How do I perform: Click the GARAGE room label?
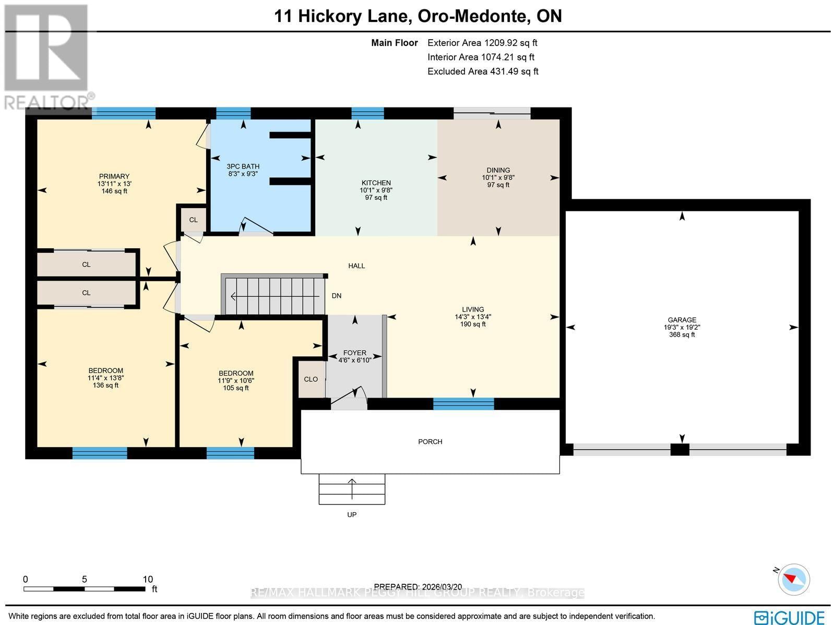(682, 320)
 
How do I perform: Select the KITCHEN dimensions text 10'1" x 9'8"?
(376, 190)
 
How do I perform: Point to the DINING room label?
(498, 170)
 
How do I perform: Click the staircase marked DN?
(274, 296)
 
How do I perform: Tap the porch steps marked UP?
(352, 489)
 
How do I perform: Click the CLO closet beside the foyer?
(311, 379)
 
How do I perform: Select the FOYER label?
(354, 353)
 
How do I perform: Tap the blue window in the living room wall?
(463, 403)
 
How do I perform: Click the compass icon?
(793, 579)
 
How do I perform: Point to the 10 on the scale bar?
(148, 579)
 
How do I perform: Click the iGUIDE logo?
(789, 617)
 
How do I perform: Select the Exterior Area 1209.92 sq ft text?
(482, 43)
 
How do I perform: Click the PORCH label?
(430, 441)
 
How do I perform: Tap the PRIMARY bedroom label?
(114, 176)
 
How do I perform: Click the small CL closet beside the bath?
(193, 220)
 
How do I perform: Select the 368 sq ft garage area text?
(682, 335)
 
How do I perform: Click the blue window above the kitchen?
(367, 113)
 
